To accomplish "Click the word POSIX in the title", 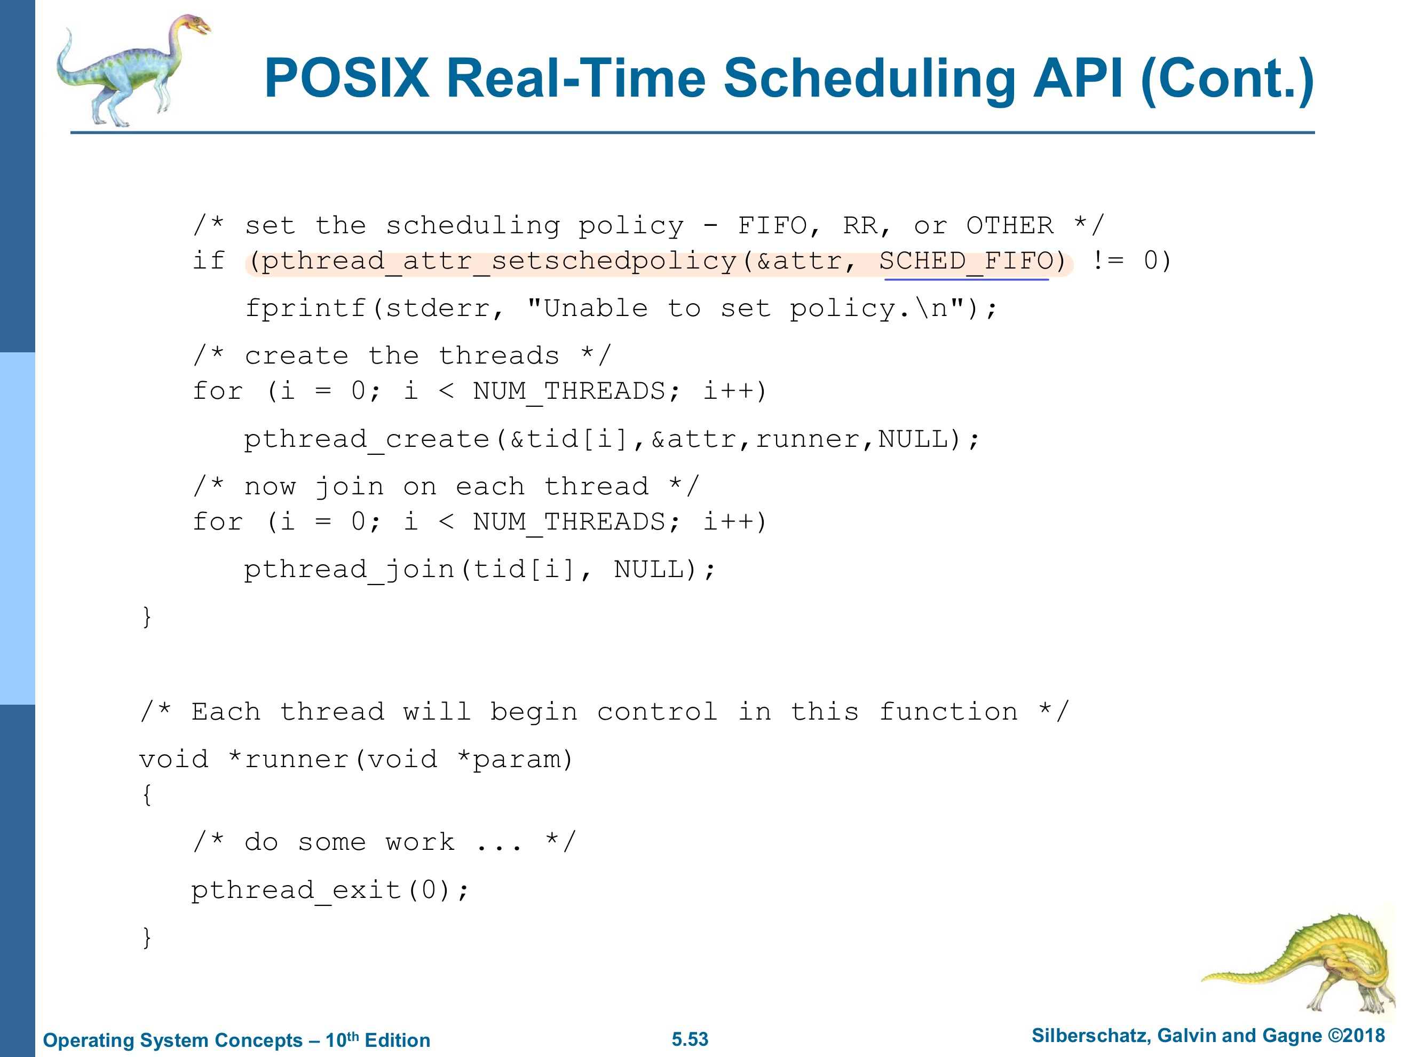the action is tap(347, 78).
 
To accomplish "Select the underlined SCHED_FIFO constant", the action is tap(965, 261).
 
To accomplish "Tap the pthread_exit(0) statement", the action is tap(330, 890).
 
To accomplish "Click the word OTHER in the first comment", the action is tap(1010, 225).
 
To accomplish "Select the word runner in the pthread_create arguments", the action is tap(807, 439).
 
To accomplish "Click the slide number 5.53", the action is tap(690, 1039).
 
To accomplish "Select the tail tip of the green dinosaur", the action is tap(1204, 980).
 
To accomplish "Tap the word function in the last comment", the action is tap(948, 712).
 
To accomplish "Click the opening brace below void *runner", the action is tap(147, 795).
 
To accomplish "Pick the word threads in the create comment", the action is tap(499, 356).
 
